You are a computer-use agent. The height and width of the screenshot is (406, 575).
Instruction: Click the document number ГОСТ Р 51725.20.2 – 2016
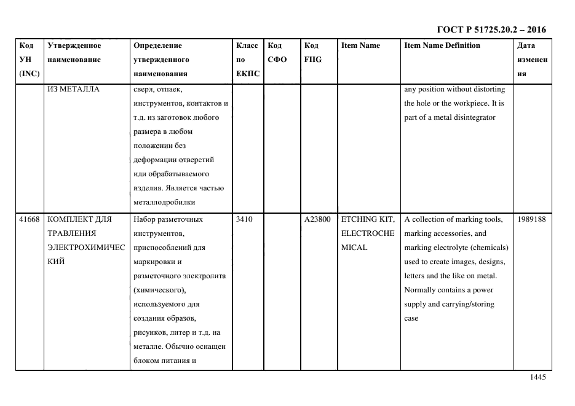coord(491,29)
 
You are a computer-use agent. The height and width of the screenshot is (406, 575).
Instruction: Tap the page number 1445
coord(537,378)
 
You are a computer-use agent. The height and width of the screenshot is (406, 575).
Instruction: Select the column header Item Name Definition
coord(442,45)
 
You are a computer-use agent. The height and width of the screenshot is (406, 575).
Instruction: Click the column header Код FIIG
coord(312,53)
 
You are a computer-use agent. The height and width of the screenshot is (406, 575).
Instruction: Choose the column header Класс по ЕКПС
coord(248,60)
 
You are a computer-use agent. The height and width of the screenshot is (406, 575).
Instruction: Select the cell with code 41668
coord(29,219)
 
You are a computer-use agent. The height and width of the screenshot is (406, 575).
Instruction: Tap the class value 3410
coord(244,219)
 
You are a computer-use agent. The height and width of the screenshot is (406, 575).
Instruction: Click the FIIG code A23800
coord(317,219)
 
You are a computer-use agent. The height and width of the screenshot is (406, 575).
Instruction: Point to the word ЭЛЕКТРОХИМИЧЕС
coord(84,248)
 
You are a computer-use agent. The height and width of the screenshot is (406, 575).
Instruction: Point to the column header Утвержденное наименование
coord(74,53)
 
